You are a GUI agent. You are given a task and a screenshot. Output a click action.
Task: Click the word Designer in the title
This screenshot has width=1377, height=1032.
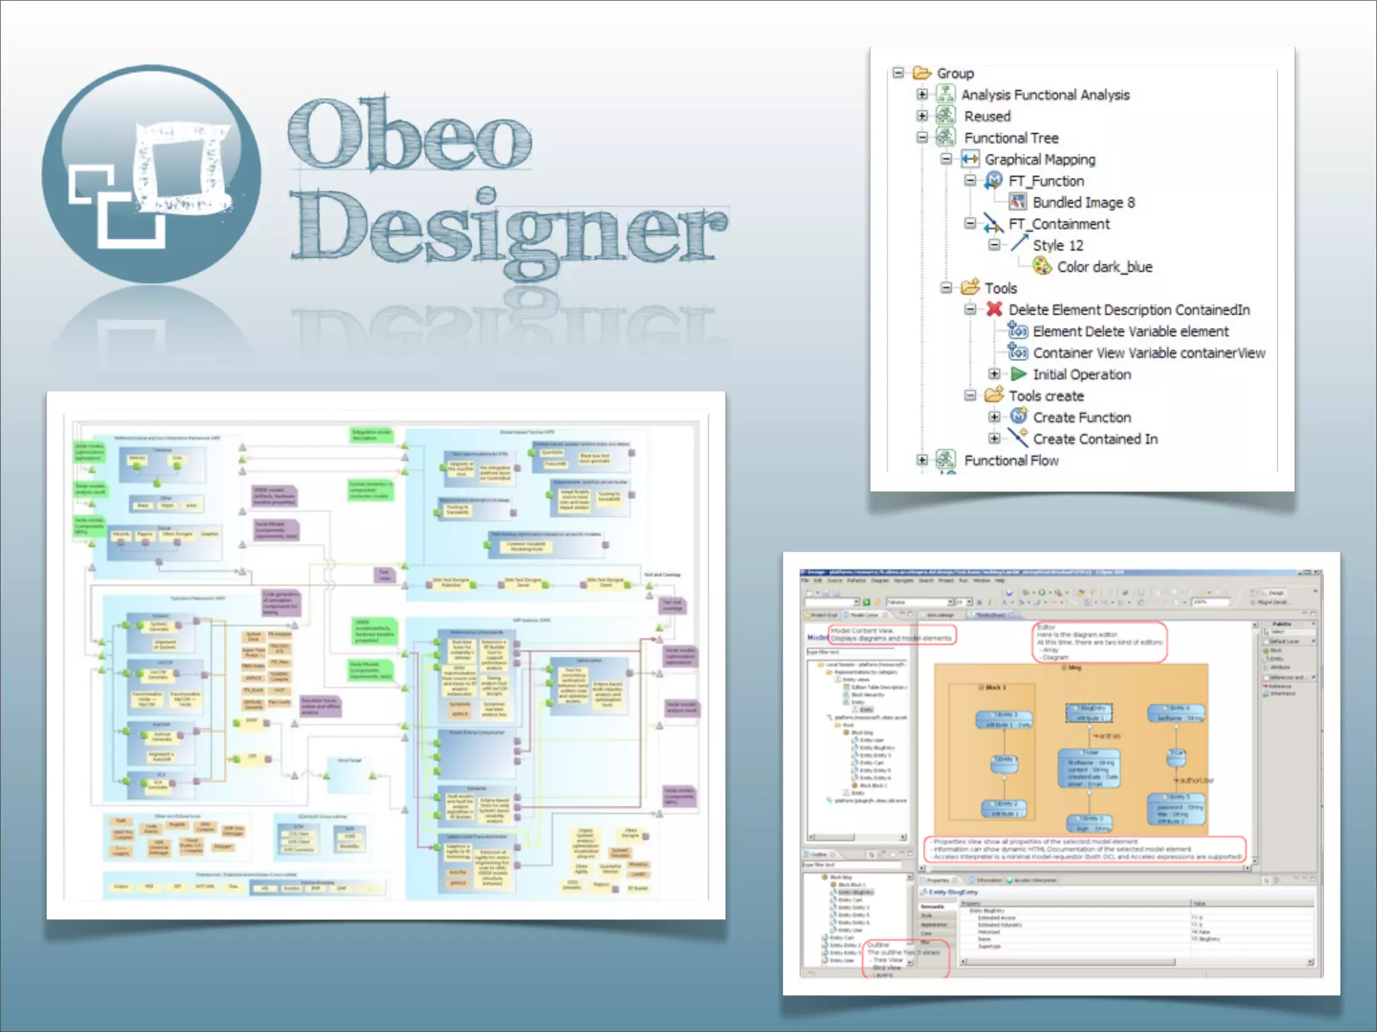click(508, 228)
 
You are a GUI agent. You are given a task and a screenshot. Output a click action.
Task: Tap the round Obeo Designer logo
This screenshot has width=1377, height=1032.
click(152, 173)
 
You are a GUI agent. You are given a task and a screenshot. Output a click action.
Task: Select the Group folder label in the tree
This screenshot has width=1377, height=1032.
click(955, 73)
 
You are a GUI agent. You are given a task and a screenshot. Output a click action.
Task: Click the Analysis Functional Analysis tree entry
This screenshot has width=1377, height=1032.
click(1045, 95)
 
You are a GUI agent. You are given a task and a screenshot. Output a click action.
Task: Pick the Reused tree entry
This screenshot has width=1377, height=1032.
click(987, 116)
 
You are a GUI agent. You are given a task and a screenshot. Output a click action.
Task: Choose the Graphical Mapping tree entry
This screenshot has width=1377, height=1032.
click(1039, 159)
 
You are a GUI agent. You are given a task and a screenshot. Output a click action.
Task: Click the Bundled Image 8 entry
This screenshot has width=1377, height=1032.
click(1083, 202)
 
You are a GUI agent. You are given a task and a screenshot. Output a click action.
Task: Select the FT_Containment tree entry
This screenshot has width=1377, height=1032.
click(1059, 224)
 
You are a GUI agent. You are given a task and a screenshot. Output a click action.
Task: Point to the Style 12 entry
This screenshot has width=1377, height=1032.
click(1058, 245)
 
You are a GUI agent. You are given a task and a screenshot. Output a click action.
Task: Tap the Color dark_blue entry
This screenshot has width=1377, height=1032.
click(1104, 267)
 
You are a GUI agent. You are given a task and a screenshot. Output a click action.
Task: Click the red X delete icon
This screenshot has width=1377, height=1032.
click(994, 309)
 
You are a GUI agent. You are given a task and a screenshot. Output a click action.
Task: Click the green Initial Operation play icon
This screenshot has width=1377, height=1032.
click(1019, 374)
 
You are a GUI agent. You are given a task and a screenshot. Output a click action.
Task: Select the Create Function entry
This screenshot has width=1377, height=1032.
click(1081, 417)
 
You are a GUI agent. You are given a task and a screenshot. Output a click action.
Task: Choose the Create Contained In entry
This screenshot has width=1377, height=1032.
click(1095, 439)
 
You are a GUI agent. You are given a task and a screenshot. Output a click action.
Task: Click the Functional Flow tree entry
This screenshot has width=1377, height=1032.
click(1011, 460)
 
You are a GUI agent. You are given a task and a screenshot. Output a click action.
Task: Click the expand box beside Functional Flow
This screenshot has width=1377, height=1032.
click(922, 460)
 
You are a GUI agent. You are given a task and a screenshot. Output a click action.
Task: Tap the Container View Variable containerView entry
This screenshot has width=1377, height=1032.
click(1148, 353)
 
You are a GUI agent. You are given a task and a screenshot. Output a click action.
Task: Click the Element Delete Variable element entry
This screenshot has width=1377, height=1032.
click(1130, 331)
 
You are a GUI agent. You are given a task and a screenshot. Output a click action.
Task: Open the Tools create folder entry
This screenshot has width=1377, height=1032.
click(1046, 396)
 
